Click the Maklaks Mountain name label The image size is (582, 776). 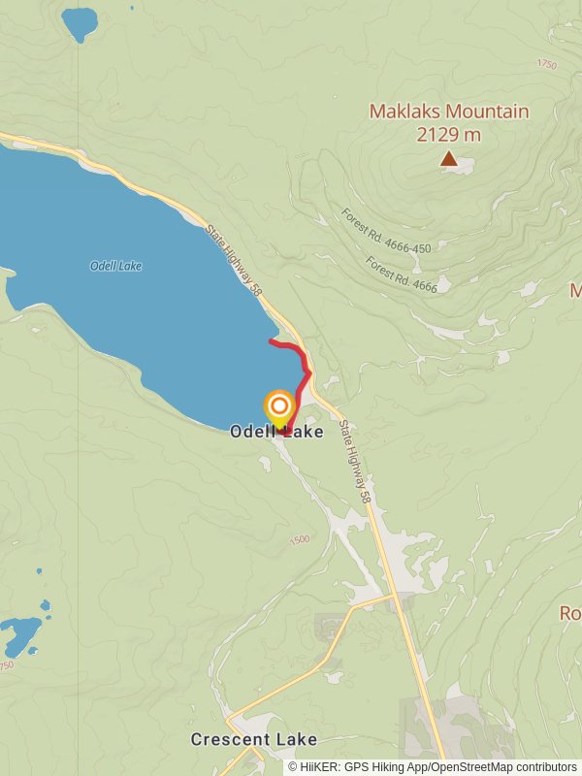click(x=449, y=112)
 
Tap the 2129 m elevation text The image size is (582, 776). click(x=449, y=135)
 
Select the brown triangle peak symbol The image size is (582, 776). click(x=448, y=157)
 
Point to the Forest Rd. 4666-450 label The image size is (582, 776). click(x=386, y=230)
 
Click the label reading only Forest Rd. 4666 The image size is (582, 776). click(x=402, y=274)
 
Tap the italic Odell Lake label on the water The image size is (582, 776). click(x=115, y=266)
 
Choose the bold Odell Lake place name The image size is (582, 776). click(x=276, y=433)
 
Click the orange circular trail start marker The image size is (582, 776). click(x=279, y=405)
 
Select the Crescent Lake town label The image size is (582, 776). click(x=253, y=740)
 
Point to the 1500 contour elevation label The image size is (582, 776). click(x=299, y=539)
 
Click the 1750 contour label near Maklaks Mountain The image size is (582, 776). click(x=546, y=64)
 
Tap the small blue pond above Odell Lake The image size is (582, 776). click(x=80, y=20)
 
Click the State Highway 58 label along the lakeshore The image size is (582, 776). click(x=234, y=259)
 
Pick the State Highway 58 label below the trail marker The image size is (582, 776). click(x=356, y=461)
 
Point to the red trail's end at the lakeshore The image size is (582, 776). click(x=271, y=341)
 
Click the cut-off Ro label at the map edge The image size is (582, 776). click(x=569, y=613)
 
